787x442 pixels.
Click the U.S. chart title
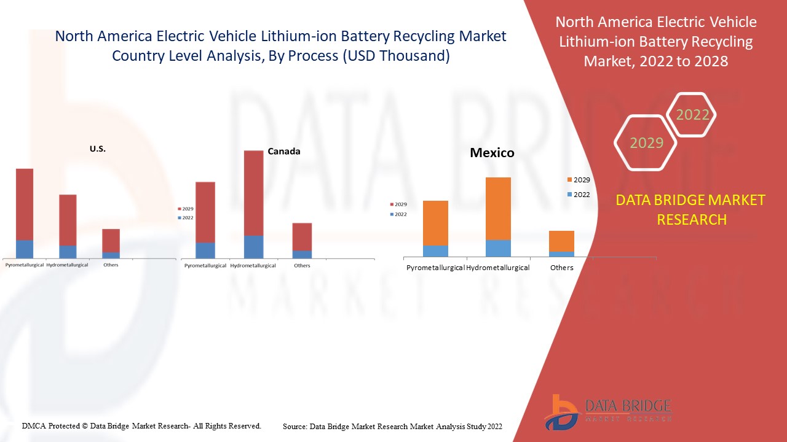97,149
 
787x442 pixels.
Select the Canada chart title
284,152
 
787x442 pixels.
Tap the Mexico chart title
492,153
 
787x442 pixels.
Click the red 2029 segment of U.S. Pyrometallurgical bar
25,204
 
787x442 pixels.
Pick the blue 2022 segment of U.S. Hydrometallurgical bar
68,252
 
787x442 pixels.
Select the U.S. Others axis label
111,265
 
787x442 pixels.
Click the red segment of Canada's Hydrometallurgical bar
253,193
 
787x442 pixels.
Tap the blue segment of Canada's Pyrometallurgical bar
205,250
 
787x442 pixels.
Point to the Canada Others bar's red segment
302,236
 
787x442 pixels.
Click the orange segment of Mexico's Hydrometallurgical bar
498,208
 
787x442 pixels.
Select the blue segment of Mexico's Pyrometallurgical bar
435,251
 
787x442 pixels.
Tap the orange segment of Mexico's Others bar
561,241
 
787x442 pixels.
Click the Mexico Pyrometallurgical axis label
435,268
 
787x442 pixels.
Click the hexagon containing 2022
692,115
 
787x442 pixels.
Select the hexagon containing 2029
646,143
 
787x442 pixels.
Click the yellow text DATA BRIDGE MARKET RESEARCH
690,209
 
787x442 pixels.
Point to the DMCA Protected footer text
141,425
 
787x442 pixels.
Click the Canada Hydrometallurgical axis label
253,266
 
